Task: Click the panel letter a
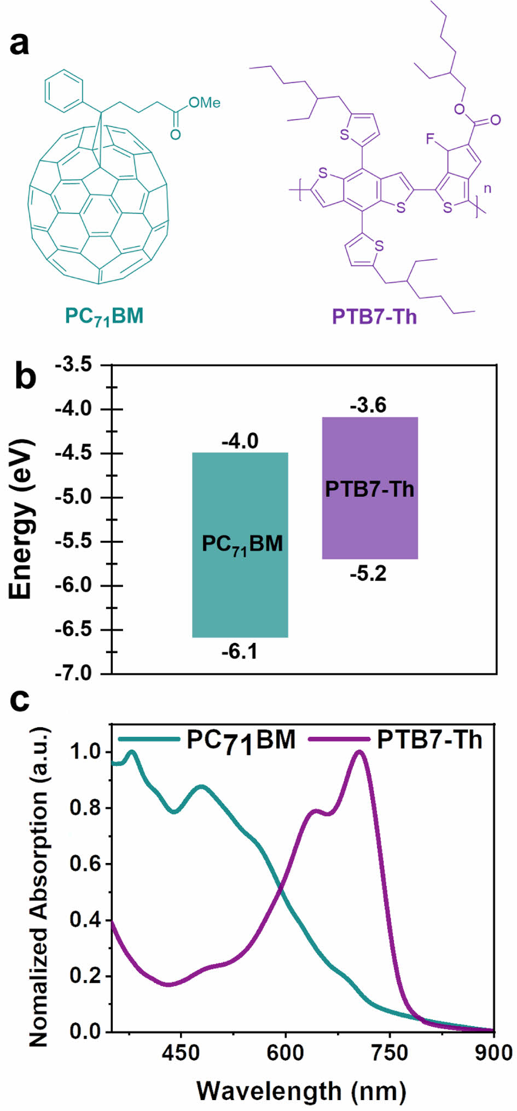tap(20, 43)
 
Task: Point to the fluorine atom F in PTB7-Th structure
tap(431, 140)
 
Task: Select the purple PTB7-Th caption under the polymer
tap(374, 316)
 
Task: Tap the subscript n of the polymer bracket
tap(487, 188)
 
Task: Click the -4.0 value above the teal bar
tap(240, 441)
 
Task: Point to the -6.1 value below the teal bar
tap(240, 652)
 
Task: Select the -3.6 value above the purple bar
tap(368, 406)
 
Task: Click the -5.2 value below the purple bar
tap(368, 574)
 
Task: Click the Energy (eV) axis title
tap(22, 519)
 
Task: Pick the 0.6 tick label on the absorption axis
tap(85, 864)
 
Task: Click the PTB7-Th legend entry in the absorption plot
tap(429, 740)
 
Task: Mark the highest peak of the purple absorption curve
tap(359, 752)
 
